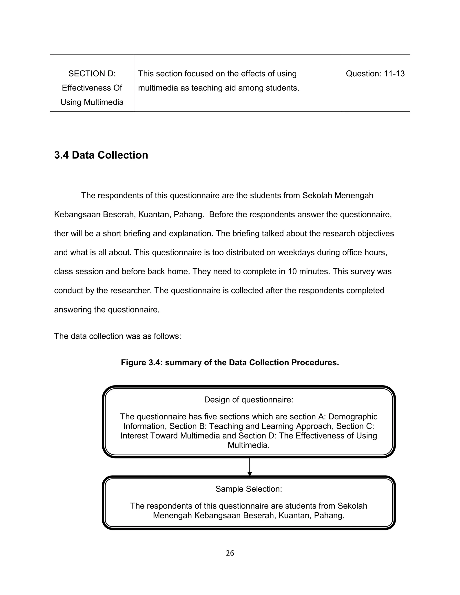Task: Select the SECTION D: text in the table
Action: (92, 74)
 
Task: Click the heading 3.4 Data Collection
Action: (101, 155)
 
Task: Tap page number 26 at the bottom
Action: (230, 553)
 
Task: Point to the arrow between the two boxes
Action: (249, 467)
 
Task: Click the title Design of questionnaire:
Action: (249, 400)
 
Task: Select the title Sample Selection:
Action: (249, 489)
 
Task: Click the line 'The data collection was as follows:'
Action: (117, 336)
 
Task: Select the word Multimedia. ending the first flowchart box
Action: (249, 445)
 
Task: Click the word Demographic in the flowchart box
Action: (353, 416)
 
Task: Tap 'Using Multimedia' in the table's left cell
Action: (92, 102)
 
